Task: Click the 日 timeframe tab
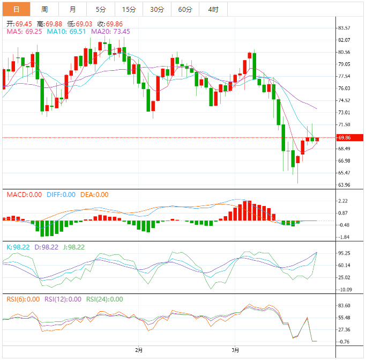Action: [16, 9]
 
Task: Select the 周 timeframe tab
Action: [44, 9]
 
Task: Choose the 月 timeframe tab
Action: [72, 9]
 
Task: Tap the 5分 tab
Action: [101, 9]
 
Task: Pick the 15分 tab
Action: [129, 9]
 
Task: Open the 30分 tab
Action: [157, 9]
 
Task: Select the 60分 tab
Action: [185, 9]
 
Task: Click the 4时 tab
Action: [213, 9]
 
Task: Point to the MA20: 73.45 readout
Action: [107, 32]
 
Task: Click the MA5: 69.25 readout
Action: [24, 32]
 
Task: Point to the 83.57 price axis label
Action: [344, 28]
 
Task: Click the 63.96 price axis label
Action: [344, 185]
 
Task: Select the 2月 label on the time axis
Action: [139, 350]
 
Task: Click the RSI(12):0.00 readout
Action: [63, 299]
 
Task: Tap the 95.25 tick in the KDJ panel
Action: [344, 253]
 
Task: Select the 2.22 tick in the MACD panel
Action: [343, 201]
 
